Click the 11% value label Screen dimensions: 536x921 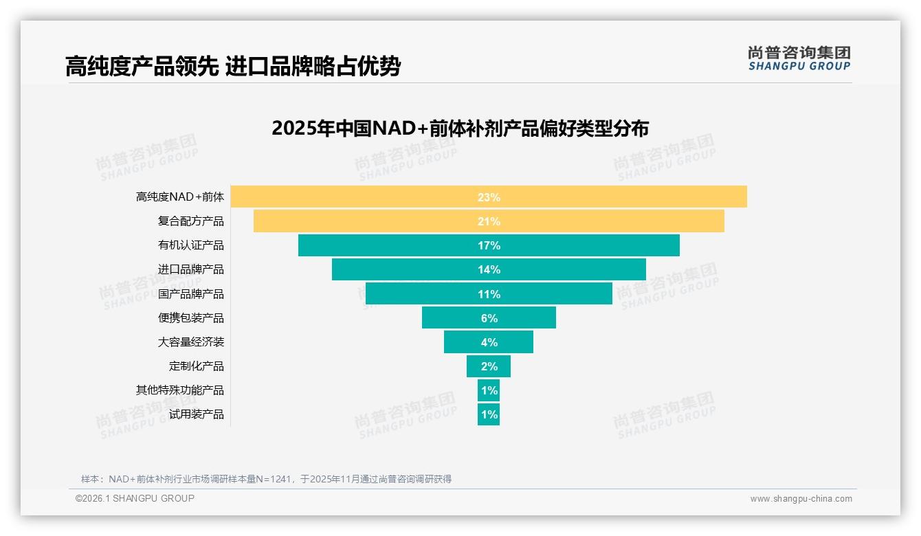489,294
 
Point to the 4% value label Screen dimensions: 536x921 489,342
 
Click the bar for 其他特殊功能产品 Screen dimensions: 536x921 489,390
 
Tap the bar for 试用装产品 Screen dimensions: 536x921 489,414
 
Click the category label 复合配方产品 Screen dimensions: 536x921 190,221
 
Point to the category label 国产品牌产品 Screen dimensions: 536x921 190,294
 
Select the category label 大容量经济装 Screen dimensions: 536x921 190,342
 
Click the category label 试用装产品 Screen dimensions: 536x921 196,414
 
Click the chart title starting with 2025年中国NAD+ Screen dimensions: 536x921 460,129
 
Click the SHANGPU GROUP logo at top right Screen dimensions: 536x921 799,58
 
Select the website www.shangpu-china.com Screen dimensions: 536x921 801,499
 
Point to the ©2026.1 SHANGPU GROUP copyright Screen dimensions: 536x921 135,498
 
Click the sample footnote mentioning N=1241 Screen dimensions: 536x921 266,479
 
